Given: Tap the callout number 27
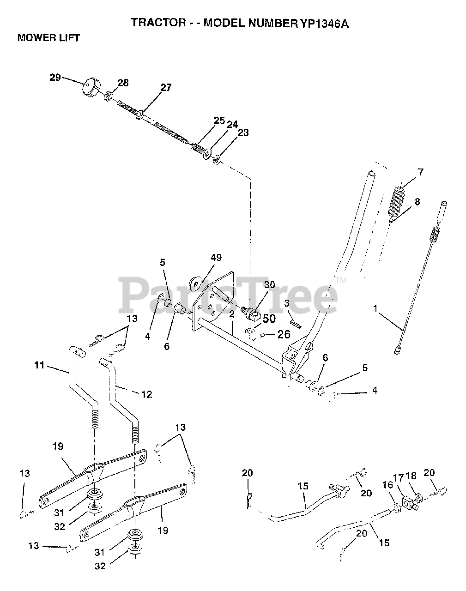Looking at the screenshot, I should pos(166,88).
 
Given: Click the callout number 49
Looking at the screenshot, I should pos(216,258).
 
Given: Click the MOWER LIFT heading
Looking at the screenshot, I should pos(48,38).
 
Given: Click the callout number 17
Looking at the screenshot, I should pos(398,477).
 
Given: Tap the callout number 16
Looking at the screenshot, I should pos(387,485).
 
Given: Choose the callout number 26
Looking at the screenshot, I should pos(284,334).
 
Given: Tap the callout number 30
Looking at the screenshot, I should pos(270,285).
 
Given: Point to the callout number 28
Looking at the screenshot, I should pos(123,83).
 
